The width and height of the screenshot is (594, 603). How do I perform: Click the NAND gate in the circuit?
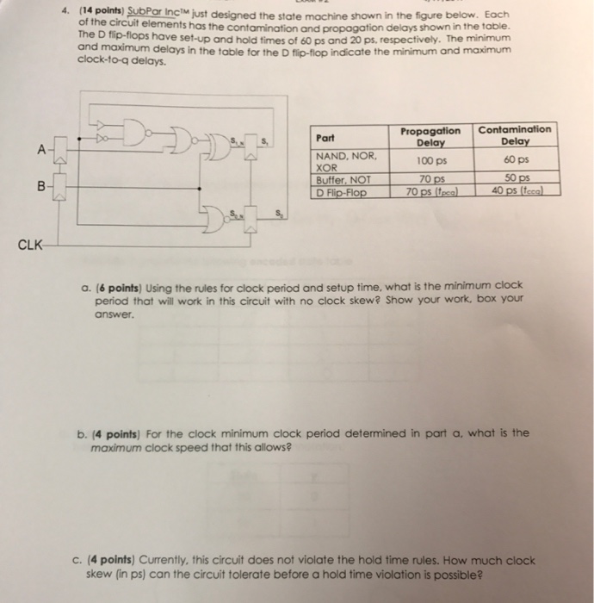(x=135, y=133)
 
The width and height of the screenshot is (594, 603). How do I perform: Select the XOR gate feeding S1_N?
(x=219, y=146)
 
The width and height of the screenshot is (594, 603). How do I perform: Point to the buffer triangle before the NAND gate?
(x=101, y=124)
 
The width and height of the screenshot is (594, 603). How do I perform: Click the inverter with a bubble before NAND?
(x=102, y=138)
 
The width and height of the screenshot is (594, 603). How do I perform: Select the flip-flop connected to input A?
(x=60, y=149)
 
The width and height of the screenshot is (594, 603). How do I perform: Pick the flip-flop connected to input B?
(x=60, y=187)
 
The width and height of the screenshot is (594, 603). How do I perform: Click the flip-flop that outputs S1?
(x=251, y=146)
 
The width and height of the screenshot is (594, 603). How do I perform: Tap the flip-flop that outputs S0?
(x=251, y=220)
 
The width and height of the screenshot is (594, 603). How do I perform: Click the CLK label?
(x=30, y=245)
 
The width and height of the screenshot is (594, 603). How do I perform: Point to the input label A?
(x=41, y=149)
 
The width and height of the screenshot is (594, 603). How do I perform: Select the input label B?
(x=41, y=187)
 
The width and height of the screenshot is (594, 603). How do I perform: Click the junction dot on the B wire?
(x=199, y=189)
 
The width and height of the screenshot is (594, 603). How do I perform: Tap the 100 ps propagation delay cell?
(x=432, y=161)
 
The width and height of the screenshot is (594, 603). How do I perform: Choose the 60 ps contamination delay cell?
(x=517, y=159)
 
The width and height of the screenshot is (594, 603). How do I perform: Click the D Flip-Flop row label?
(x=341, y=192)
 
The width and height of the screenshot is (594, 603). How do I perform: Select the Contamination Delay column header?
(x=515, y=135)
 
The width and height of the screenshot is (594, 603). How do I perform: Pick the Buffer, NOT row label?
(x=343, y=180)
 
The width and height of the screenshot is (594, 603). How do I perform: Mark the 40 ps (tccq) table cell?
(x=517, y=190)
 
